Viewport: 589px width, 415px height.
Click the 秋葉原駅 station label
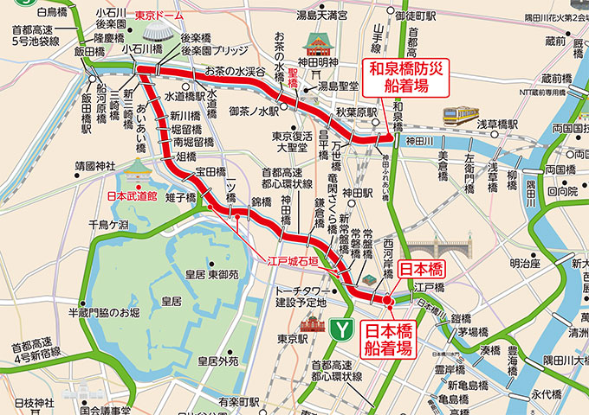point(358,112)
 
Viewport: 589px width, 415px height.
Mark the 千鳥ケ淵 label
point(107,225)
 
